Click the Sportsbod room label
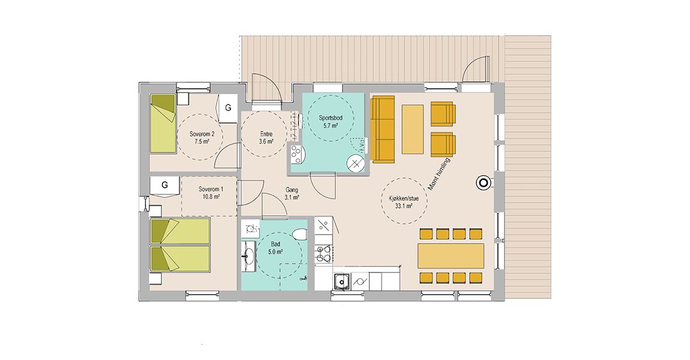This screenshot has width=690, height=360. click(x=331, y=118)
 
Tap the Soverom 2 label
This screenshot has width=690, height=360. click(x=202, y=134)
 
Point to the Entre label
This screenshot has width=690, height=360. click(x=266, y=134)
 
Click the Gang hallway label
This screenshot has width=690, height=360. click(x=292, y=190)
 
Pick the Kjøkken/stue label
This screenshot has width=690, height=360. click(x=404, y=199)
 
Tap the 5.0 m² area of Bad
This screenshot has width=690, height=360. click(x=275, y=252)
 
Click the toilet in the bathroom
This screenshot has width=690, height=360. click(x=299, y=233)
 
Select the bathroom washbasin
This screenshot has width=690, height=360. click(x=248, y=254)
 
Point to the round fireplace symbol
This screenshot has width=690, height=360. click(x=483, y=182)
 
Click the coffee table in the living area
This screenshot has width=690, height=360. click(x=413, y=130)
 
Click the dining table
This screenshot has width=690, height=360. click(x=451, y=256)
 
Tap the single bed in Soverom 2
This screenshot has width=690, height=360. click(x=163, y=124)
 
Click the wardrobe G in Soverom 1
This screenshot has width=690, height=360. click(x=164, y=186)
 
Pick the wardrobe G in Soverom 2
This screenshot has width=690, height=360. click(x=228, y=108)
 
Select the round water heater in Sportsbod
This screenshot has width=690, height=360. click(x=355, y=164)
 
